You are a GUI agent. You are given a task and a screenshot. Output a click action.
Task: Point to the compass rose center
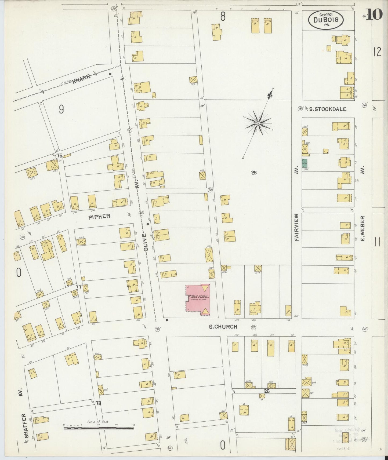coord(258,123)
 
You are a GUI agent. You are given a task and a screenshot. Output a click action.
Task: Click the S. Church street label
coord(223,327)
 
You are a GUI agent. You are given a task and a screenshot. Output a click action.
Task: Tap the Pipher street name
coord(100,216)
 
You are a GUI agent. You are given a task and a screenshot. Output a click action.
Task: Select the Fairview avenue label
coord(297,227)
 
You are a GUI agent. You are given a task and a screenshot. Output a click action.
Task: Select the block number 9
coord(61,109)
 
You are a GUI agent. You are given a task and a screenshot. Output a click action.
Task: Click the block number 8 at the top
coord(223,17)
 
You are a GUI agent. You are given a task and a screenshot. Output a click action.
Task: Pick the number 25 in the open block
coord(254,173)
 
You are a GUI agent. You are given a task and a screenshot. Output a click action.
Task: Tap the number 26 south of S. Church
coord(266,391)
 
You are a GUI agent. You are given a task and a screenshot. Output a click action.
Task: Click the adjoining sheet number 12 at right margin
coord(377,52)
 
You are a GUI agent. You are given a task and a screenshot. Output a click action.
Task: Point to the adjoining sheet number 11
coord(377,242)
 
